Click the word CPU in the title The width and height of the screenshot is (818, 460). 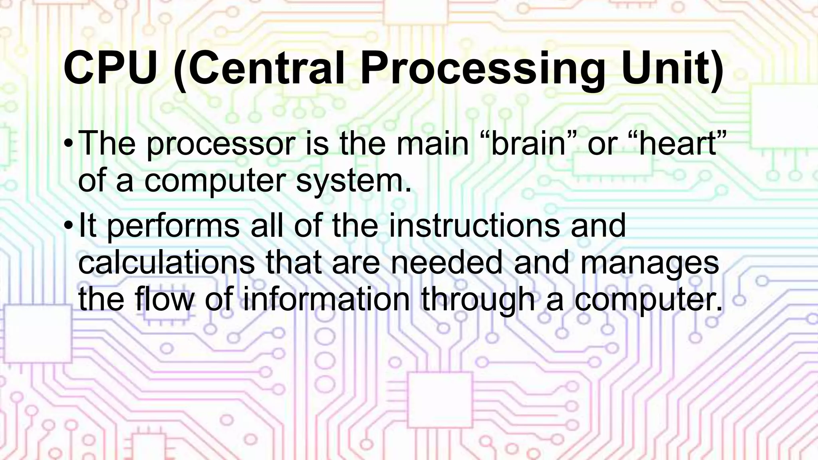tap(110, 69)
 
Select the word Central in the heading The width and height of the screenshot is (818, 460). tap(266, 69)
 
